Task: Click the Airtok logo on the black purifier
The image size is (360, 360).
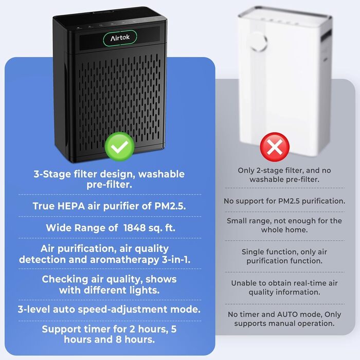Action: click(x=120, y=38)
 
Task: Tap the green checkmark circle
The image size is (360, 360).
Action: click(x=119, y=147)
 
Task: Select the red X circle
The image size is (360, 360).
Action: click(x=275, y=147)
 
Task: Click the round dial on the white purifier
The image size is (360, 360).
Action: click(x=258, y=41)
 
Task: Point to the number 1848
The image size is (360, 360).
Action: click(x=134, y=228)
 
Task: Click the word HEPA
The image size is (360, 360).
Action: click(x=71, y=206)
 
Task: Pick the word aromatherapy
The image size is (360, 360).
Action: click(x=124, y=260)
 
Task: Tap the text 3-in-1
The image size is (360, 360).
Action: click(x=176, y=260)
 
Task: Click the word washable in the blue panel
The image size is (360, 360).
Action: click(x=161, y=174)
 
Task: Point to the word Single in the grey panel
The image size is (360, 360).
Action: click(x=251, y=252)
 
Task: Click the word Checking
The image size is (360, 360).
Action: click(x=65, y=279)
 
